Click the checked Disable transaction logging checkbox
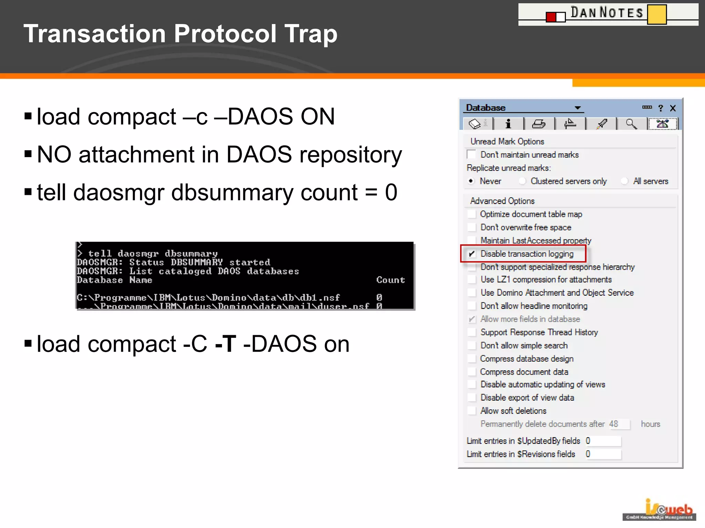(x=472, y=254)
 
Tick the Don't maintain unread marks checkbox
(x=471, y=155)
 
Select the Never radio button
(x=471, y=181)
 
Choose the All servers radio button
(x=624, y=181)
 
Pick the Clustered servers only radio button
(x=522, y=181)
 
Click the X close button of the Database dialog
(x=673, y=108)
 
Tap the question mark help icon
(x=660, y=108)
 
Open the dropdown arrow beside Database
(x=578, y=108)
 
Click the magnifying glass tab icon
(x=631, y=124)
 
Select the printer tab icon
(x=538, y=124)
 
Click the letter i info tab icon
(x=508, y=124)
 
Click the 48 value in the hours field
(x=614, y=424)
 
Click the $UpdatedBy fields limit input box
(x=603, y=441)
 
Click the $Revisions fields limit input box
(x=603, y=454)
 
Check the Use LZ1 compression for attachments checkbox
(x=472, y=279)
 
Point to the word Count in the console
(x=390, y=280)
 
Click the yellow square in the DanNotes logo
(x=656, y=14)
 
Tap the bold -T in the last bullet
(x=225, y=344)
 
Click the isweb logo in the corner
(x=659, y=510)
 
